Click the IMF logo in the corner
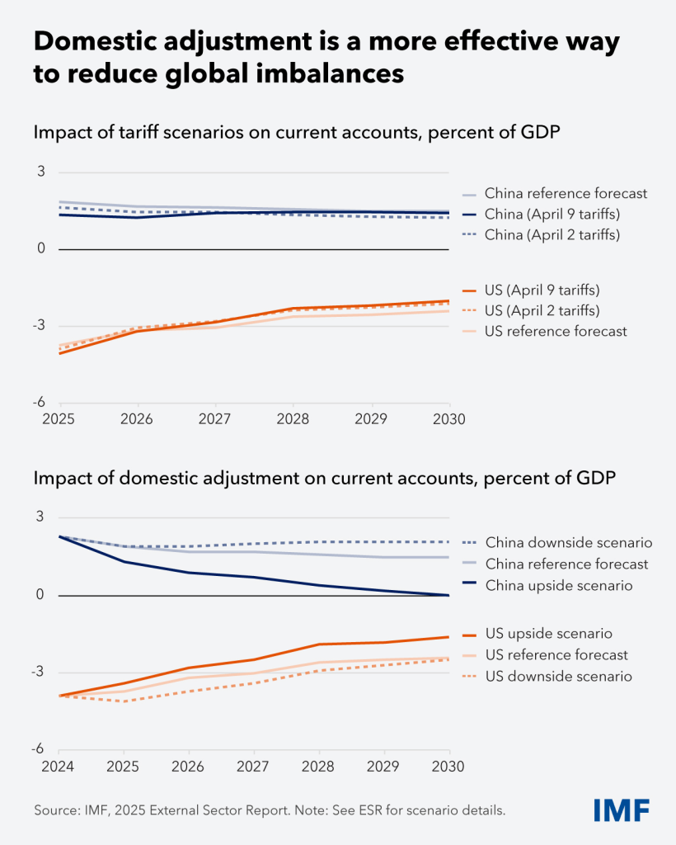[x=621, y=810]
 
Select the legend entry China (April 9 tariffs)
[x=552, y=214]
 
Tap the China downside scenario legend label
[x=569, y=542]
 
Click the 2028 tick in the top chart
[x=293, y=419]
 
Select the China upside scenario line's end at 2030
[x=449, y=595]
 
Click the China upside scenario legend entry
[x=558, y=585]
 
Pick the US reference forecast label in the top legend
[x=556, y=331]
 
